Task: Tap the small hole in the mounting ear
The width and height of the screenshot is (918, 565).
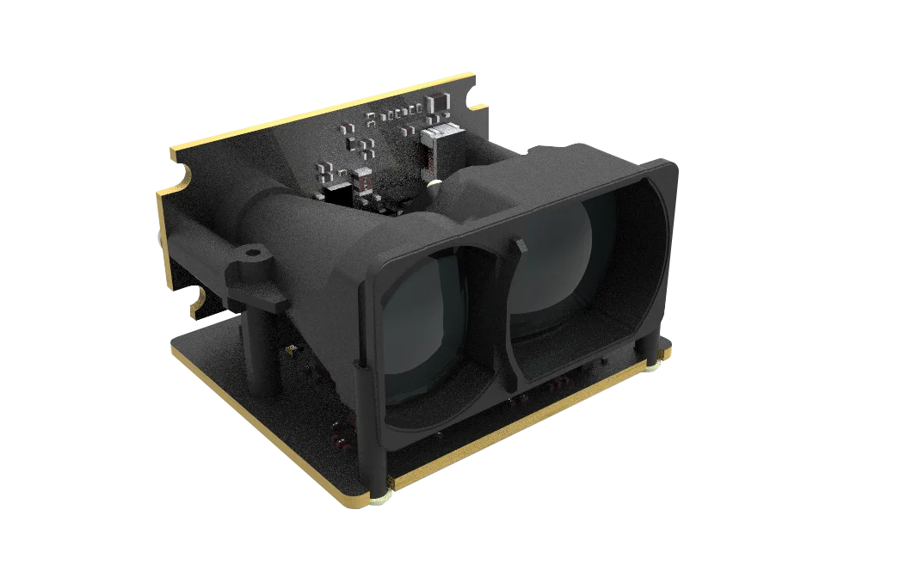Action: point(252,255)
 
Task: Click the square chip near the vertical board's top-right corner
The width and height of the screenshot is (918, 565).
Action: point(440,104)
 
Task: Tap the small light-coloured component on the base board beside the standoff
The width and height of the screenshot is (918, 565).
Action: point(290,349)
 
